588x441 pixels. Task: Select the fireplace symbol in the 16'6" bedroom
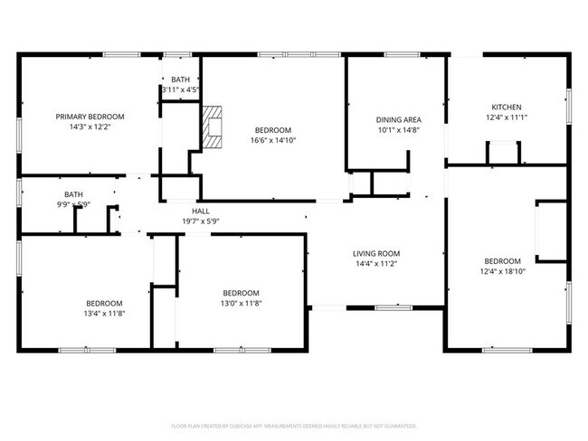(212, 127)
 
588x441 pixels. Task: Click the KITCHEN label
(506, 107)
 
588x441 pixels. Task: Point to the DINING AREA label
(399, 119)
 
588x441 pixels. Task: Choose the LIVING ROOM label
(376, 253)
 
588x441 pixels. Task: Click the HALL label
(201, 211)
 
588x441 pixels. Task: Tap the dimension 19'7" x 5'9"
(201, 221)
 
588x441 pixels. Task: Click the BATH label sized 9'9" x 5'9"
(73, 194)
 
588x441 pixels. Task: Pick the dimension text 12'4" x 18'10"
(502, 271)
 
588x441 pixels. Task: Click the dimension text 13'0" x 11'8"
(242, 304)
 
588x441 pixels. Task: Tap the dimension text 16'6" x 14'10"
(272, 141)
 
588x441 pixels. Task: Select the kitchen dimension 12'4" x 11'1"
(506, 117)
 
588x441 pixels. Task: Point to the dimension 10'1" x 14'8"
(399, 130)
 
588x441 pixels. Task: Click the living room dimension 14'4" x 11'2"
(376, 264)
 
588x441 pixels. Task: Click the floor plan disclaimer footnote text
(293, 425)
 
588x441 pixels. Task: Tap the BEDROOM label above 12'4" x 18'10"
(502, 260)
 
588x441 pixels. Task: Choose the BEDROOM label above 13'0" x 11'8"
(242, 293)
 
